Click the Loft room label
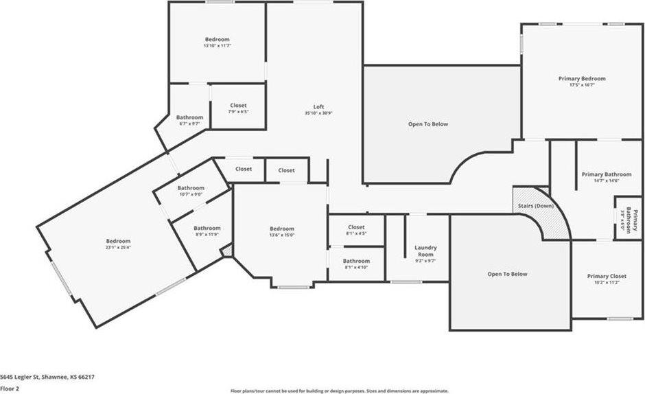pos(318,106)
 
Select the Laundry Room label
pos(425,250)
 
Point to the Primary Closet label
pos(607,276)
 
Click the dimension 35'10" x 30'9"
pos(318,114)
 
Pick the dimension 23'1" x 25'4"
pos(118,248)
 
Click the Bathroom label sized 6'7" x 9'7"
pos(189,117)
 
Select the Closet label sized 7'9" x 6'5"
pos(238,106)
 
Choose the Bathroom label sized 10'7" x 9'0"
pos(191,188)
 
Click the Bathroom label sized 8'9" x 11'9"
pos(207,228)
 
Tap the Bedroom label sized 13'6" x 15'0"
pos(281,229)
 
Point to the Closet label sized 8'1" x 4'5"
pos(356,227)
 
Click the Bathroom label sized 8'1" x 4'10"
pos(356,261)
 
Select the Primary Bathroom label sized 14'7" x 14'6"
pos(601,174)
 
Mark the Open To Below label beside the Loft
pos(428,124)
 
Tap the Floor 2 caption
pos(10,388)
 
